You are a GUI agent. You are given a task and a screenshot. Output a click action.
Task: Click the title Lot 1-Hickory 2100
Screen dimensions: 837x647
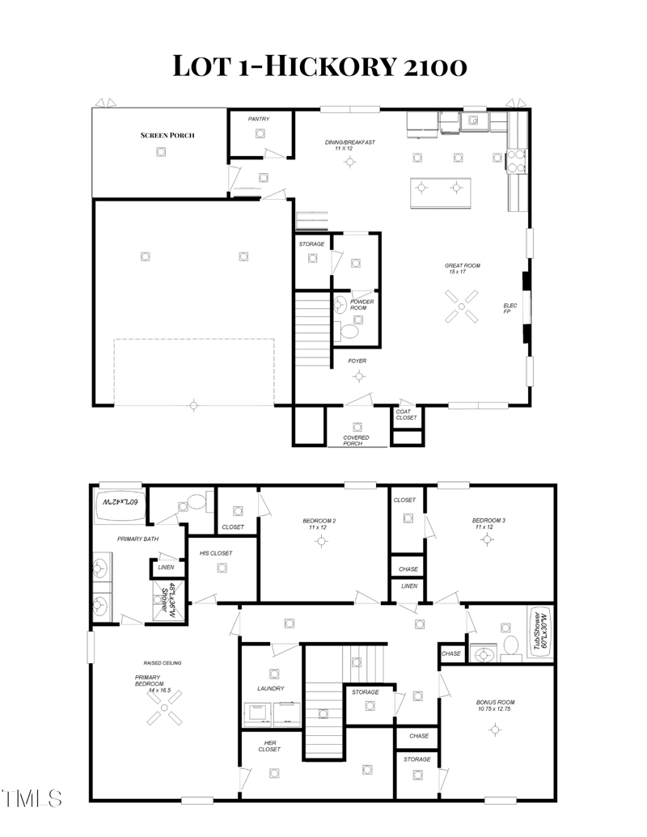tap(320, 66)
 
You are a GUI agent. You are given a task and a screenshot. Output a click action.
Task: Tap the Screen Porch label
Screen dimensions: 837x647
tap(167, 135)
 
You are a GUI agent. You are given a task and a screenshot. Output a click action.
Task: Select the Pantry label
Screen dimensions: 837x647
tap(259, 119)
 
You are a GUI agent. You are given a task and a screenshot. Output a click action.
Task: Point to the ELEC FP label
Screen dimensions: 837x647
tap(510, 309)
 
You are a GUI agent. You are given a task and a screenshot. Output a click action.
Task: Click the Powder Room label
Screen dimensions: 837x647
tap(362, 305)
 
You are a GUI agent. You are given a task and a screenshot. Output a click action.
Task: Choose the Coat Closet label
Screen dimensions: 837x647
tap(406, 414)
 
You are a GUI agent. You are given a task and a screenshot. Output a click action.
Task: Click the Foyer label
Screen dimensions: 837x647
tap(357, 361)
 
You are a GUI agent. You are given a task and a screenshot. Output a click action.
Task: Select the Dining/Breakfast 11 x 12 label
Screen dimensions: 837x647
tap(350, 146)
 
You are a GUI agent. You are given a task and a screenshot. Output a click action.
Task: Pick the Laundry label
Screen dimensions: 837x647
tap(270, 688)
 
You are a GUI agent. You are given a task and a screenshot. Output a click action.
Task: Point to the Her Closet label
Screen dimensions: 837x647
tap(270, 746)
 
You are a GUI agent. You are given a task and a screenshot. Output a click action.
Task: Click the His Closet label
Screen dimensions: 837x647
tap(216, 553)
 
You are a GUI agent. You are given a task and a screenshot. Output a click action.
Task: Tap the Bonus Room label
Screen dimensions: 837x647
tap(495, 706)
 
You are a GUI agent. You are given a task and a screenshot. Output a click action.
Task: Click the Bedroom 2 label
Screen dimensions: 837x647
tap(319, 524)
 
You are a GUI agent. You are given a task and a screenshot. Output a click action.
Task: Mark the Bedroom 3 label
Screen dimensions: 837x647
tap(489, 523)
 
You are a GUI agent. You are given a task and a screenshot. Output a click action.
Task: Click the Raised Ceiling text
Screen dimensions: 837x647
tap(163, 662)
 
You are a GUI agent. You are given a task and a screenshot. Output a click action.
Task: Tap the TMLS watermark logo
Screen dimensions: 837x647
tap(32, 798)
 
